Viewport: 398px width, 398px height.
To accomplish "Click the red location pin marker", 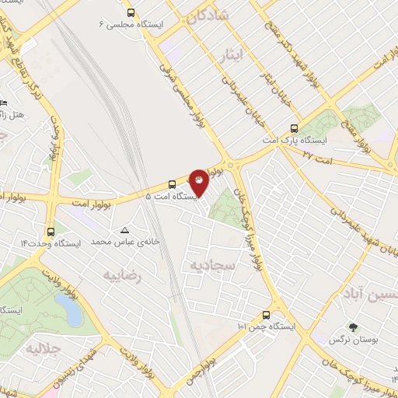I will tap(201, 182).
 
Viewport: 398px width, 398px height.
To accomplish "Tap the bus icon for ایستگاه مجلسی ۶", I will tap(131, 12).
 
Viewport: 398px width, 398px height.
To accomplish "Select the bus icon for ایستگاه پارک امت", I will tap(294, 129).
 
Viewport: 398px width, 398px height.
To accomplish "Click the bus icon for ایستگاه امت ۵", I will tap(172, 184).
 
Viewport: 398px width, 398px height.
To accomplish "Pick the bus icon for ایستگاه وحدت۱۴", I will tap(51, 231).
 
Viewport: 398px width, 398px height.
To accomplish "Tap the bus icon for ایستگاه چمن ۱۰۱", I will tap(266, 315).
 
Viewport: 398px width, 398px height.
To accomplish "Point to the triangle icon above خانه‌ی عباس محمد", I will tap(125, 230).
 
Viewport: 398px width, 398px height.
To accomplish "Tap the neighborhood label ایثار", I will tap(253, 54).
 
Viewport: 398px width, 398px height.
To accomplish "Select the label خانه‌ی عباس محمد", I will tap(125, 243).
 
